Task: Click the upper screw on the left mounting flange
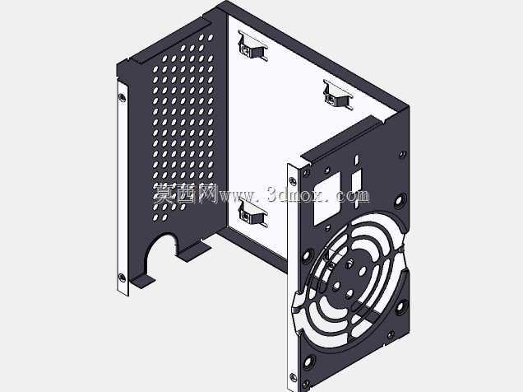[x=122, y=97]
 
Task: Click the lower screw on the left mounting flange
[x=122, y=278]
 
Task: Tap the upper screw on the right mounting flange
[x=294, y=180]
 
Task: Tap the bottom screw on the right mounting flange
[x=294, y=378]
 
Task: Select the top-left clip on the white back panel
[x=252, y=46]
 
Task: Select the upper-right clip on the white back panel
[x=338, y=96]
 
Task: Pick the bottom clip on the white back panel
[x=252, y=213]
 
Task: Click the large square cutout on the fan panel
[x=327, y=198]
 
